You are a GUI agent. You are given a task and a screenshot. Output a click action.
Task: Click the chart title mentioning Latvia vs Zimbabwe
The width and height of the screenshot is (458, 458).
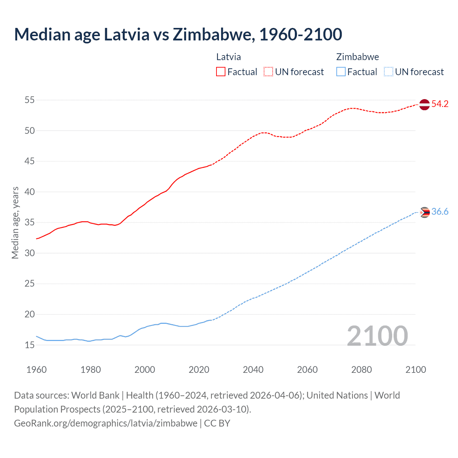178,34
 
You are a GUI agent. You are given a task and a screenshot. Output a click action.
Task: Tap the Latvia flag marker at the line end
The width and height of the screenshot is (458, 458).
424,104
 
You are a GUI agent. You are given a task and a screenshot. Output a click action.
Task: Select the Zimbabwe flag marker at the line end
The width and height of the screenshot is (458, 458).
424,212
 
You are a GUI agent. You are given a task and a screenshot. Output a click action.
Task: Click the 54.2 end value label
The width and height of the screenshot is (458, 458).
440,104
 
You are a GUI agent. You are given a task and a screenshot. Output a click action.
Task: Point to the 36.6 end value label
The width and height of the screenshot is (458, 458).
440,212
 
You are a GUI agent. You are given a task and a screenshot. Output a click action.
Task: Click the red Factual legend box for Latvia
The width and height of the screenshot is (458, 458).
221,72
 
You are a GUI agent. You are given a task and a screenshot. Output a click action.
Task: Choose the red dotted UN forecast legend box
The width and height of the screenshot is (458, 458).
268,72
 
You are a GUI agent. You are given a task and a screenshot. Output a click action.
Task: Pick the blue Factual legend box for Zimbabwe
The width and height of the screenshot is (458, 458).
341,72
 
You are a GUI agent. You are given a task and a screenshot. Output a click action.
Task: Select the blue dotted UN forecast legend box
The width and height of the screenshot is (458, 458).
389,72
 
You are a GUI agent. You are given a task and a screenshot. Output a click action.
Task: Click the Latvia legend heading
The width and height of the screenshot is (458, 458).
228,57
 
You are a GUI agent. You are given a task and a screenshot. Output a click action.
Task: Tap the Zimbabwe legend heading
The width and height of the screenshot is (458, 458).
357,57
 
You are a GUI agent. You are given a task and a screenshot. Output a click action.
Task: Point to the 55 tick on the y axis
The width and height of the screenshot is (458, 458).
30,100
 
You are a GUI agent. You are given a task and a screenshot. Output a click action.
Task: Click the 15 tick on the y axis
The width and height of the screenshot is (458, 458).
30,345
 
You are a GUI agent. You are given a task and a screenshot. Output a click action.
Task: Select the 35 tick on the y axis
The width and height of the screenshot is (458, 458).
30,223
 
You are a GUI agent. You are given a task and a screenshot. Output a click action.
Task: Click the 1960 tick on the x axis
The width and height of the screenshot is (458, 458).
36,370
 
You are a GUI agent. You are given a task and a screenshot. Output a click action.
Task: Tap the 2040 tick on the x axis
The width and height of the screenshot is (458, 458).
253,370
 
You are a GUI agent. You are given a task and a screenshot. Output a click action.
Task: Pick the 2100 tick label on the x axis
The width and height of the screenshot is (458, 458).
415,370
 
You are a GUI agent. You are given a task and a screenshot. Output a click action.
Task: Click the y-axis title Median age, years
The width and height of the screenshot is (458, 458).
15,223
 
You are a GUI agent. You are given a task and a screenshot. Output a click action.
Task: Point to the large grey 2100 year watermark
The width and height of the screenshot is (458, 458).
377,336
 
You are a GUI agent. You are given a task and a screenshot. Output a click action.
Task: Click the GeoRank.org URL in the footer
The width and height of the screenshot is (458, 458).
106,423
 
